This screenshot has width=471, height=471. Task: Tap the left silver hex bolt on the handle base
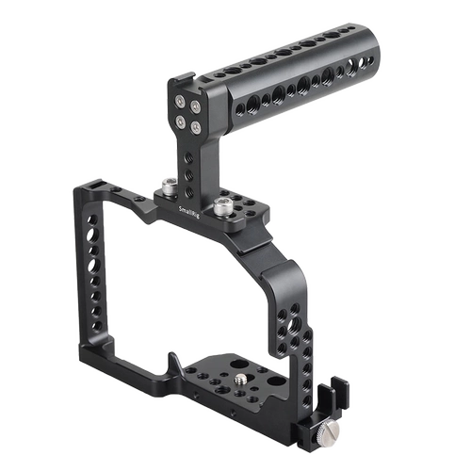[x=167, y=188]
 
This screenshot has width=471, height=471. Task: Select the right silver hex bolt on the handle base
[x=226, y=201]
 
